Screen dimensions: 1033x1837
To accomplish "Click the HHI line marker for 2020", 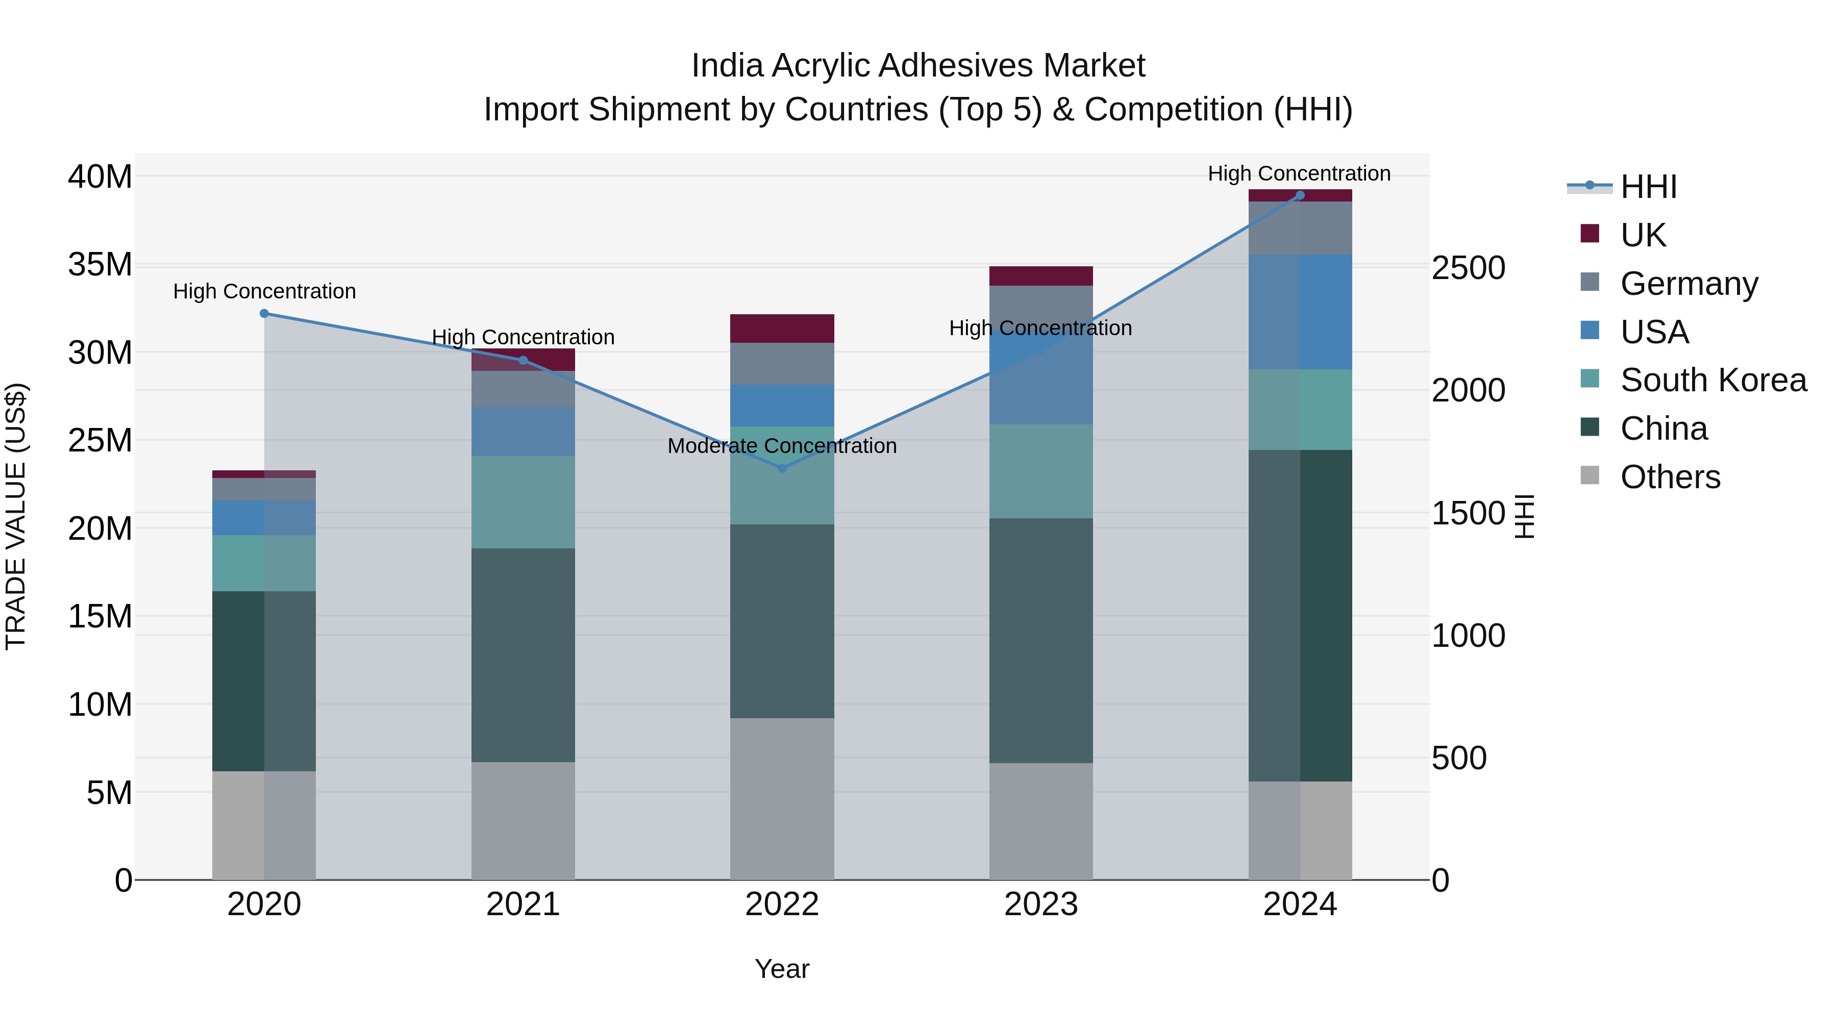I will coord(264,314).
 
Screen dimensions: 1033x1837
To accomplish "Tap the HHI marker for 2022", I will coord(782,468).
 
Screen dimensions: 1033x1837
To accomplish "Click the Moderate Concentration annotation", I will coord(782,446).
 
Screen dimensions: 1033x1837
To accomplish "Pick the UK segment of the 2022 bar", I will coord(782,329).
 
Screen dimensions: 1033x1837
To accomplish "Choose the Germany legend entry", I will coord(1689,284).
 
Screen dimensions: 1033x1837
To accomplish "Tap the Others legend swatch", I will coord(1590,475).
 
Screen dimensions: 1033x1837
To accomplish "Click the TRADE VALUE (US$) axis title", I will coord(16,516).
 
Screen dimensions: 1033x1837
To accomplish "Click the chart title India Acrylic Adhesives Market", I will coord(918,66).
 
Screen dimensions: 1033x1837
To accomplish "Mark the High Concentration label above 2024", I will coord(1299,174).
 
